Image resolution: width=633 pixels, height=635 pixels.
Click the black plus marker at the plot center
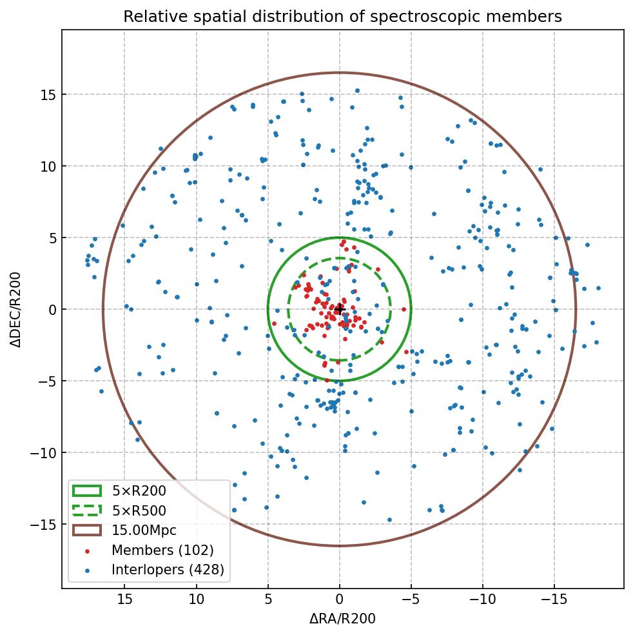click(340, 309)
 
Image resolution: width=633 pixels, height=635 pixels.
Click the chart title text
click(342, 16)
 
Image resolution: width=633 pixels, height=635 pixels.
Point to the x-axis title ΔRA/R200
click(342, 619)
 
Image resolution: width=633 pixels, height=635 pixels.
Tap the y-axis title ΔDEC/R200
click(15, 309)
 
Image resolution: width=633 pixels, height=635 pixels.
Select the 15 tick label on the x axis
click(125, 599)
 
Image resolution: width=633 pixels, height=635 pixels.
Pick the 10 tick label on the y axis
click(47, 166)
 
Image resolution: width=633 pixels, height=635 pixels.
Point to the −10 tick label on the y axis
click(43, 452)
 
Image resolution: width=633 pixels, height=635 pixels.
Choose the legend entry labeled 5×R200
click(139, 491)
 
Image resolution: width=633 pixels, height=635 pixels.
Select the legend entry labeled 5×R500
click(139, 511)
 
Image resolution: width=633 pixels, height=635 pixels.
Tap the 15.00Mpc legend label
click(144, 530)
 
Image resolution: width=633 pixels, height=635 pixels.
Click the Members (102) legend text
click(162, 550)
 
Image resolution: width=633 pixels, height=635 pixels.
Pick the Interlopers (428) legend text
click(168, 570)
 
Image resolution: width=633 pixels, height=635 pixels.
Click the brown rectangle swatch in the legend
click(87, 530)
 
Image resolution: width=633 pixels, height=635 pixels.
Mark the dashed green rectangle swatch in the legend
click(87, 511)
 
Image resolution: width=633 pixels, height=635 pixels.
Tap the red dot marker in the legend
click(87, 550)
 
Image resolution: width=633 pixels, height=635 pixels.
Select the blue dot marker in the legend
click(87, 570)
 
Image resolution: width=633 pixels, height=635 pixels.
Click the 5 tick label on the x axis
click(268, 599)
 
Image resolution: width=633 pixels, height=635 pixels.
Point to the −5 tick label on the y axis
click(47, 381)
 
